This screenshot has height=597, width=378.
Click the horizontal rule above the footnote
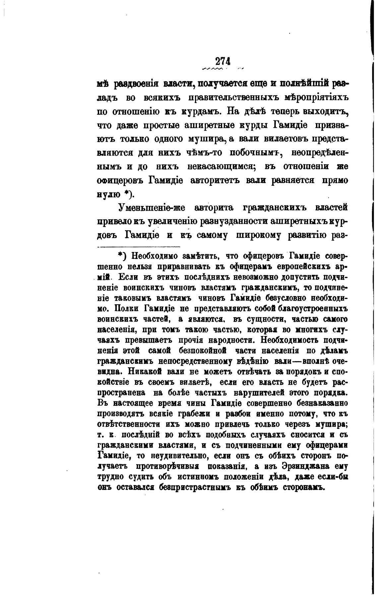tap(139, 246)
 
